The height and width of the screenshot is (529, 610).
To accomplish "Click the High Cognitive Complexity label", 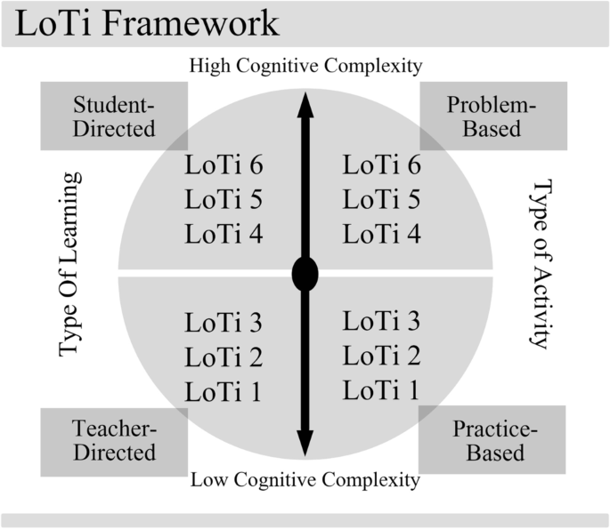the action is [305, 66].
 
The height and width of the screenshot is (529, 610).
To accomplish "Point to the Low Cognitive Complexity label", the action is [305, 481].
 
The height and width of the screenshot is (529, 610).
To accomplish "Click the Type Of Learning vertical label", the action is [70, 264].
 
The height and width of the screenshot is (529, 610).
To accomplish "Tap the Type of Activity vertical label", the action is [541, 264].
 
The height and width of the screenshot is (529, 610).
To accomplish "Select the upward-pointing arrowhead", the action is [305, 105].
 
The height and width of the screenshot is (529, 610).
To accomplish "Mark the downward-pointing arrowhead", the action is [305, 439].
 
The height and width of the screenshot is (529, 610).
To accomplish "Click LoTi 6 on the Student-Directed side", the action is [224, 165].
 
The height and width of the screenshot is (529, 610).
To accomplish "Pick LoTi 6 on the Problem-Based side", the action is [382, 165].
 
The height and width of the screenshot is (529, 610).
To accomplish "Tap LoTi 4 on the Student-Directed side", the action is [224, 235].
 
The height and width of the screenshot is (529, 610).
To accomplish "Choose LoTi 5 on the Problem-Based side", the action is [382, 200].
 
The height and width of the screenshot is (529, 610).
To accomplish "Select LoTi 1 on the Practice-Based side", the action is [382, 389].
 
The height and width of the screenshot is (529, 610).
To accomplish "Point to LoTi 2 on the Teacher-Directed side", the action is [224, 357].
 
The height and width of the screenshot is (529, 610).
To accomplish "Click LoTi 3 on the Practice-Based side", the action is [382, 322].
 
